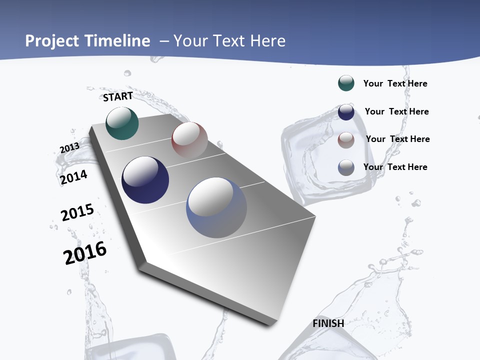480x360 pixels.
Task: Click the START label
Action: tap(118, 96)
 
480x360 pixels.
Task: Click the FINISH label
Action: tap(328, 323)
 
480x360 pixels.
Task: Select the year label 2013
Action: tap(69, 148)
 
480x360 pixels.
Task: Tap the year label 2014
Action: tap(73, 177)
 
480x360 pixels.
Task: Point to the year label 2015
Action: tap(77, 212)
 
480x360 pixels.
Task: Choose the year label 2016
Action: tap(85, 253)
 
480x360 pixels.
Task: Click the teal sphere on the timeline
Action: tap(122, 123)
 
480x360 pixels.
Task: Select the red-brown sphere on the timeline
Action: tap(189, 140)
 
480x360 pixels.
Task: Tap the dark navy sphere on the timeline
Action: tap(145, 180)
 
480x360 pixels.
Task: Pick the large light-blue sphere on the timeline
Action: tap(216, 207)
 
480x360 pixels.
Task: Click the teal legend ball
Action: tap(346, 83)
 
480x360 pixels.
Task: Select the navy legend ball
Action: tap(346, 111)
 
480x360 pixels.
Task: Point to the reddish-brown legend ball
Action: tap(346, 139)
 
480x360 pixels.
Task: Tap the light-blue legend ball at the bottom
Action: tap(346, 167)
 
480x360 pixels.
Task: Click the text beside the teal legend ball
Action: tap(395, 83)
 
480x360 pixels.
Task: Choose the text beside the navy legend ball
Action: tap(396, 111)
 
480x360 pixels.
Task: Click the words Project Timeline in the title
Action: tap(87, 41)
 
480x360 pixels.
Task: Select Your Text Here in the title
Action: tap(229, 41)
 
